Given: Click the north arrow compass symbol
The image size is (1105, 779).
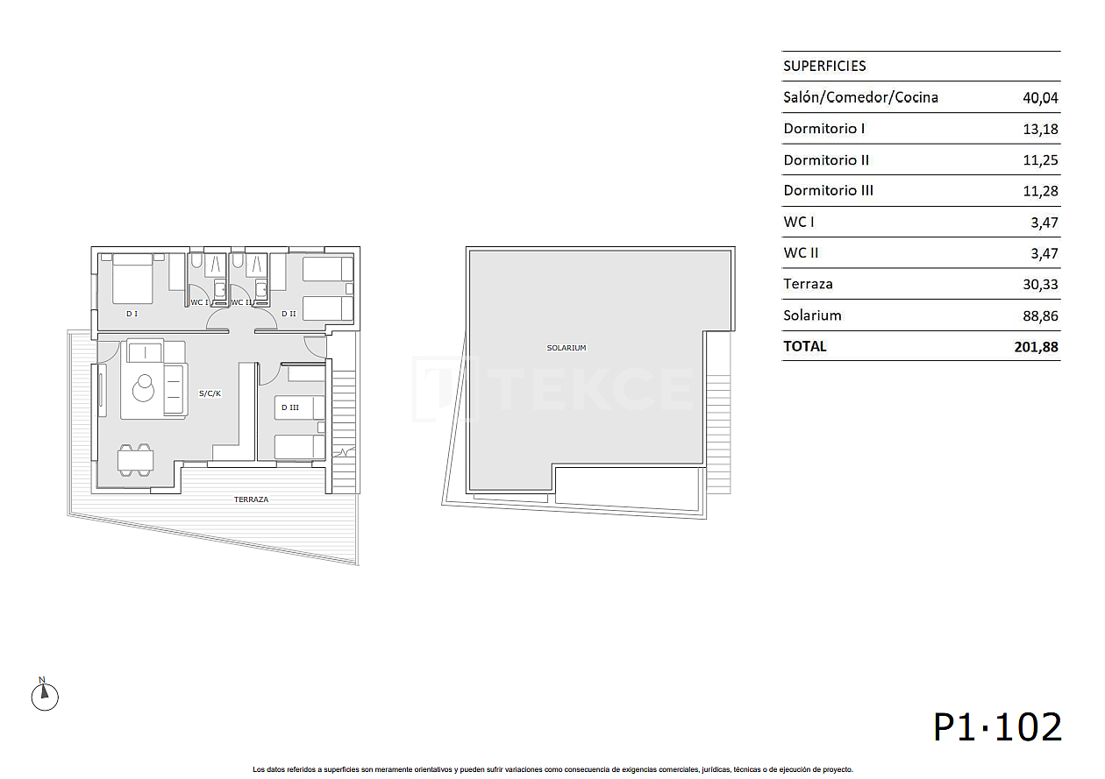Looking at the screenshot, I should click(44, 697).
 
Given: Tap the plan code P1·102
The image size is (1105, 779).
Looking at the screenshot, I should click(997, 727).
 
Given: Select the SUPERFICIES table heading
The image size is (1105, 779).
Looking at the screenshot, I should click(824, 66).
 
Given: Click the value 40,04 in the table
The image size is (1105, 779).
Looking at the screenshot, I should click(1040, 97).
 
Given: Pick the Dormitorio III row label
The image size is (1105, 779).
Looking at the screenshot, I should click(828, 190).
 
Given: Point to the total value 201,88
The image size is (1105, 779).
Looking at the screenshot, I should click(1036, 346).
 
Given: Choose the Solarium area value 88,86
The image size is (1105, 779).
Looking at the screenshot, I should click(1040, 315).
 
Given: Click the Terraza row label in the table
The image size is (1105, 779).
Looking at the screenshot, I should click(808, 284).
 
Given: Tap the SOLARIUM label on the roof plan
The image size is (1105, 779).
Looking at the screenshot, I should click(566, 348).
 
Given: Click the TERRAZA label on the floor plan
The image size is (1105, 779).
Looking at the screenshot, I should click(251, 499).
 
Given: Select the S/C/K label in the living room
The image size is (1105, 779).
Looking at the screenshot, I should click(210, 393).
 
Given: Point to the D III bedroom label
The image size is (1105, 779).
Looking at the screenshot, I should click(290, 407).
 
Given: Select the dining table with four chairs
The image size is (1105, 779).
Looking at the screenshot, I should click(136, 460).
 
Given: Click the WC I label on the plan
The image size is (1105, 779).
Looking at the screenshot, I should click(199, 302).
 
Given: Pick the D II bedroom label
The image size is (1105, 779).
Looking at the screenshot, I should click(288, 313).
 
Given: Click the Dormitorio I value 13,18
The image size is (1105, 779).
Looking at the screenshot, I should click(1040, 129).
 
